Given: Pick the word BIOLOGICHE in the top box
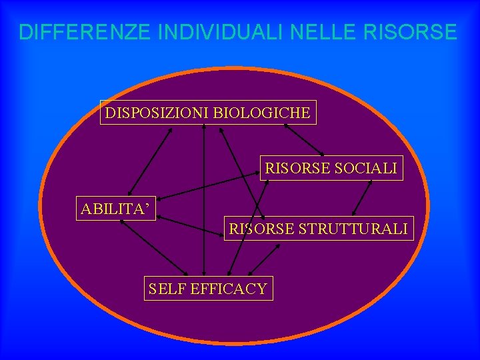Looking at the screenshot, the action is click(261, 113).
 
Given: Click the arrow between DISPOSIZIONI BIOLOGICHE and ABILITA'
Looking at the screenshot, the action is click(151, 161).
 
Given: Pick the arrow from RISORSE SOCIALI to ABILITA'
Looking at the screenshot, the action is click(209, 185).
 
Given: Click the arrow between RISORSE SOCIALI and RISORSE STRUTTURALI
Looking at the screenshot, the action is click(363, 198).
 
